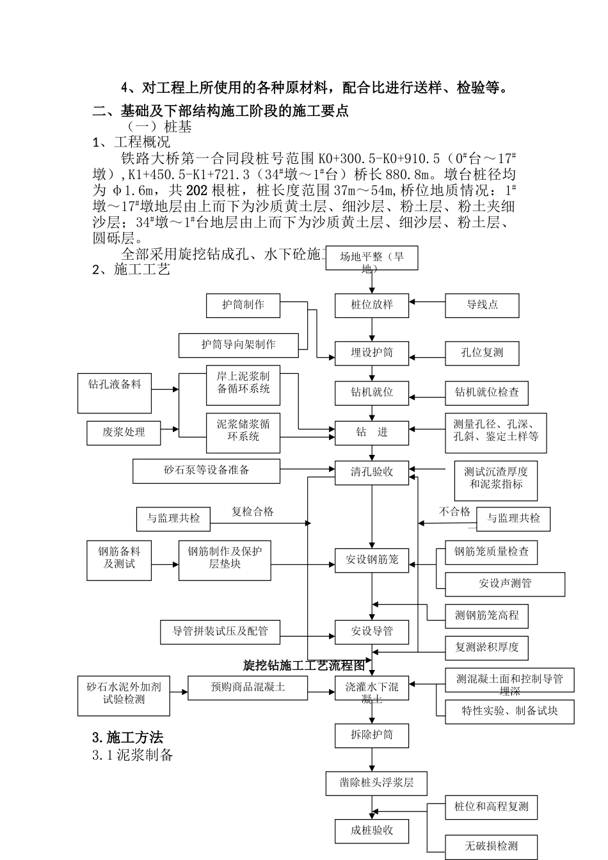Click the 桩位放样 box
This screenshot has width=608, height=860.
coord(372,305)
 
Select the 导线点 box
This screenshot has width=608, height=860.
coord(482,305)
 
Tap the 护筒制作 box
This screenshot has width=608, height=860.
coord(243,305)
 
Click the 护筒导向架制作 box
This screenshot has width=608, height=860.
coord(238,345)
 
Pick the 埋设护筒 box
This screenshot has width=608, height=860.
coord(372,353)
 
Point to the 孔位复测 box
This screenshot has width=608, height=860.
coord(482,353)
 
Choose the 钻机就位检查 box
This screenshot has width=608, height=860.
coord(486,392)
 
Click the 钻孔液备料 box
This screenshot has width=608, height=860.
coord(115,393)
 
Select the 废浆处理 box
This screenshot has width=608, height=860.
coord(124,433)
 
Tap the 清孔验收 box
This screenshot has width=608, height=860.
coord(372,472)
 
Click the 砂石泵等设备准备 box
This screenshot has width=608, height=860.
coord(206,471)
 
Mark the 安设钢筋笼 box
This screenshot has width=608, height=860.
coord(372,560)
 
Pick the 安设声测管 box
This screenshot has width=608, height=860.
coord(505,584)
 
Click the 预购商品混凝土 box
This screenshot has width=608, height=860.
coord(248,687)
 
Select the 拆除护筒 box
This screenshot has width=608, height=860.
coord(372,735)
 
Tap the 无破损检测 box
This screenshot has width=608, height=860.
coord(491,847)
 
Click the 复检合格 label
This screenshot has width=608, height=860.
coord(252,512)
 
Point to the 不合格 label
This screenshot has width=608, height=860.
coord(454,512)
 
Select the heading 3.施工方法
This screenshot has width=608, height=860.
coord(128,737)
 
